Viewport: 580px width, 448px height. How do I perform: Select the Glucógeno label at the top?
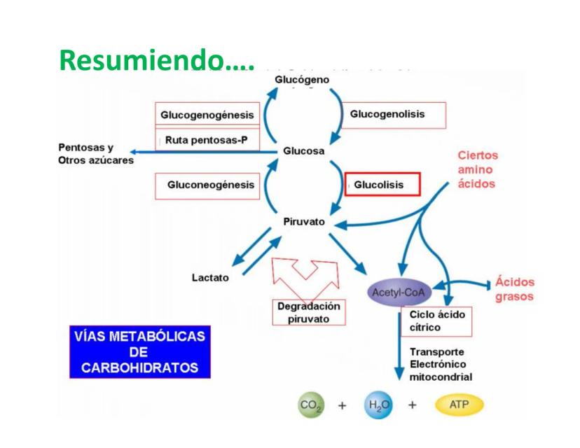pyautogui.click(x=302, y=81)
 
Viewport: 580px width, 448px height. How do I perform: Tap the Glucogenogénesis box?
pyautogui.click(x=206, y=115)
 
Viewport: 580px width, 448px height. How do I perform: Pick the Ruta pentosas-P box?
pyautogui.click(x=206, y=140)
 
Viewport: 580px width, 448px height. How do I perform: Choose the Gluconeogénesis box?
pyautogui.click(x=206, y=186)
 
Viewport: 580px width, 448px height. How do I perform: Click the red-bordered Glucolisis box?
pyautogui.click(x=383, y=185)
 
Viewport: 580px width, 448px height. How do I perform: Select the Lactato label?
pyautogui.click(x=209, y=278)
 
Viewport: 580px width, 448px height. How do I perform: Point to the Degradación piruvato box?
pyautogui.click(x=308, y=312)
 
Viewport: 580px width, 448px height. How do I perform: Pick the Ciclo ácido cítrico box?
pyautogui.click(x=436, y=321)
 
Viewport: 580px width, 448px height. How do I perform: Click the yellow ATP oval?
pyautogui.click(x=459, y=405)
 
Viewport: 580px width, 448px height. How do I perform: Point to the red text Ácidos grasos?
pyautogui.click(x=514, y=289)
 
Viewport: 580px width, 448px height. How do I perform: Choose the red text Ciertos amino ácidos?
pyautogui.click(x=478, y=169)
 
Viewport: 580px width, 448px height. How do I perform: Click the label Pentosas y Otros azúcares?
pyautogui.click(x=96, y=154)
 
